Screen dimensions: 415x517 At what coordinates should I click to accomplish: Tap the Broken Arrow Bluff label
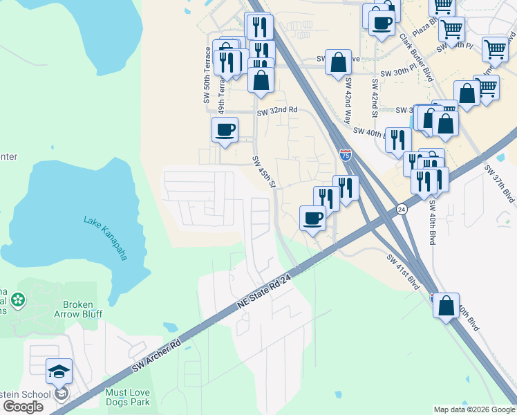[x=82, y=309]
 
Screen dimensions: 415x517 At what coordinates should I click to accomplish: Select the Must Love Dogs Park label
[x=127, y=397]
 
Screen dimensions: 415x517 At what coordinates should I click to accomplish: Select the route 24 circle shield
[x=401, y=208]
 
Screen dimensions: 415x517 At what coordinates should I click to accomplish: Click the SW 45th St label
[x=264, y=171]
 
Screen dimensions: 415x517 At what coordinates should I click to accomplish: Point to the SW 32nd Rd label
[x=276, y=111]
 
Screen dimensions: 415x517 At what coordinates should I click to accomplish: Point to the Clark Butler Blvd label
[x=413, y=66]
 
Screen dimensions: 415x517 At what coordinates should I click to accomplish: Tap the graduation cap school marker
[x=59, y=371]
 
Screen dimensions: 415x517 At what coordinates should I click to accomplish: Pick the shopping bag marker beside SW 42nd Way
[x=338, y=62]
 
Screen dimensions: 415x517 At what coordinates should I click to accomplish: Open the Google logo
[x=23, y=406]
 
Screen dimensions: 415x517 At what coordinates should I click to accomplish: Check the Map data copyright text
[x=473, y=409]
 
